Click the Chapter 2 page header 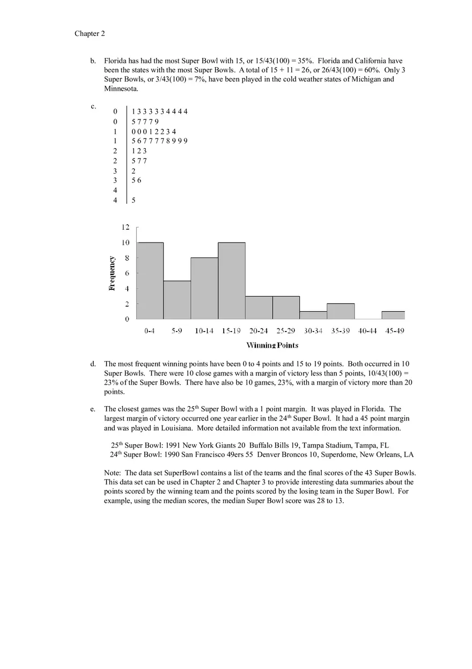[x=90, y=34]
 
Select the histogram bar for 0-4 [x=150, y=281]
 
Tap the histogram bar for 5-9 [x=177, y=300]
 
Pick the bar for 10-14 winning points [x=204, y=289]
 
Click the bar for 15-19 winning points [x=232, y=281]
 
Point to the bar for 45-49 [x=393, y=315]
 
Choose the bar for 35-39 [x=341, y=312]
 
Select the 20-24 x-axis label [x=259, y=331]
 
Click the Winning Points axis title [x=272, y=345]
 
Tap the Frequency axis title [x=112, y=273]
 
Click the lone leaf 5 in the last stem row [x=133, y=200]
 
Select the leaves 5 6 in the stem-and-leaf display [x=136, y=181]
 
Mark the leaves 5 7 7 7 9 [x=145, y=122]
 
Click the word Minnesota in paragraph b [x=121, y=89]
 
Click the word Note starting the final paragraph [x=112, y=473]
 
